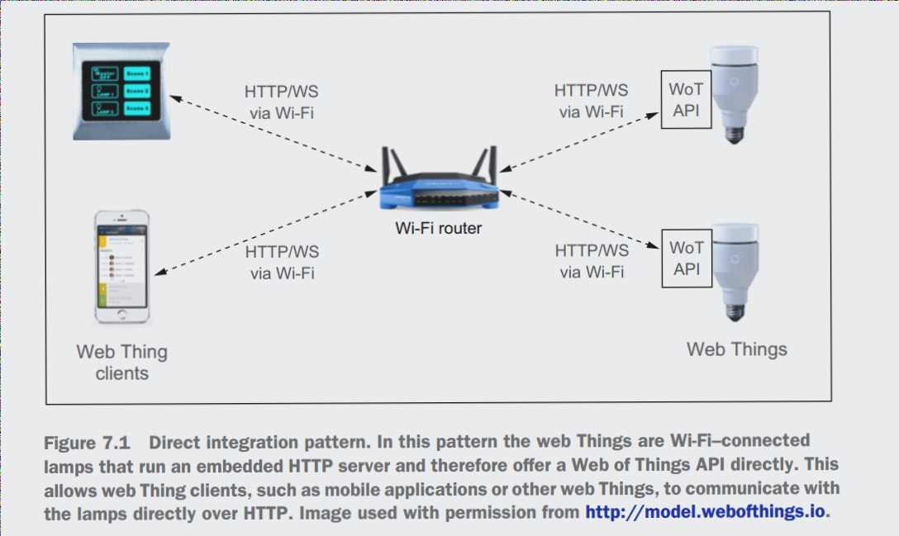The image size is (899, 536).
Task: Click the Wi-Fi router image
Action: click(x=437, y=183)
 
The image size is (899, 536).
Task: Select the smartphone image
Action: click(x=121, y=266)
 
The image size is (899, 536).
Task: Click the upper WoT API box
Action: click(x=687, y=99)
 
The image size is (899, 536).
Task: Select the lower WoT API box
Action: click(x=687, y=259)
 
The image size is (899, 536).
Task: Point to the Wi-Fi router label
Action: click(x=438, y=228)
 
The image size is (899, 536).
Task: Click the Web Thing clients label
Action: click(x=121, y=363)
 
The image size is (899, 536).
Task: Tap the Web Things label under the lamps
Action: click(x=736, y=349)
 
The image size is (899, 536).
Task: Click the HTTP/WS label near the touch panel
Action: click(x=281, y=92)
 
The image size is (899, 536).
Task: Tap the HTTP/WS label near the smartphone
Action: click(x=282, y=252)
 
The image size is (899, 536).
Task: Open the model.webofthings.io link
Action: click(x=705, y=512)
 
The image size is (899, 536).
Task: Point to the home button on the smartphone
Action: click(x=121, y=315)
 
